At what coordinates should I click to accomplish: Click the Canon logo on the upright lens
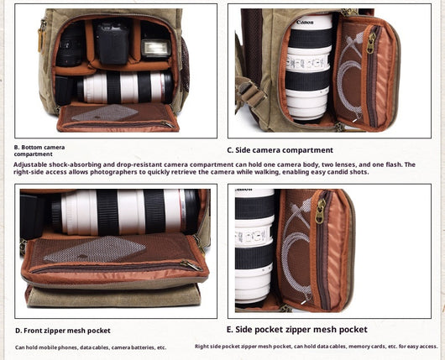305,23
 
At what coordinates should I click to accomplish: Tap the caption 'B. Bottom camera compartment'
39,151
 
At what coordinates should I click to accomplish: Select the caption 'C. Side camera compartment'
280,150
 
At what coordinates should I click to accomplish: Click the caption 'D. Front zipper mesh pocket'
63,331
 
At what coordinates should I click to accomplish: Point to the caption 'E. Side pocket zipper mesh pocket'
297,329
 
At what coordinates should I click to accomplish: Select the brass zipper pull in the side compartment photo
369,43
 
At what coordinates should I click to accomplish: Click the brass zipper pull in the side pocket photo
321,211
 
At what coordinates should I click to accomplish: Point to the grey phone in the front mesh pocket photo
95,249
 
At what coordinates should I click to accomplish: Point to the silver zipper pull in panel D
191,266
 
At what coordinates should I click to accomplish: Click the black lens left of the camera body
70,45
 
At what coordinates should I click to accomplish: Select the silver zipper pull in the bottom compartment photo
167,124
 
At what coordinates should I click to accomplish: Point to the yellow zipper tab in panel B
41,39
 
